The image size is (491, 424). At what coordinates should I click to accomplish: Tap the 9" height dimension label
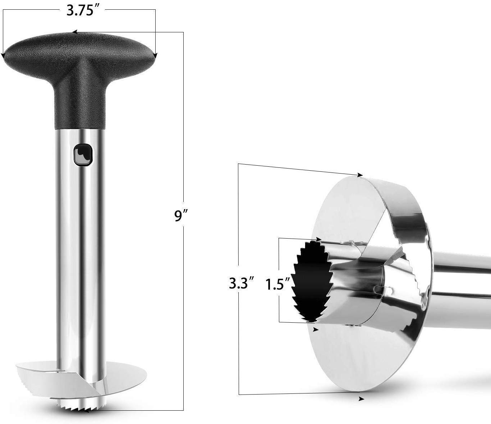coord(180,216)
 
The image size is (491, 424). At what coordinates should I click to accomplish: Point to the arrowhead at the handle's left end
coord(3,55)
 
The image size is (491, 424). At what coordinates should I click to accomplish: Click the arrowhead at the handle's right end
coord(155,56)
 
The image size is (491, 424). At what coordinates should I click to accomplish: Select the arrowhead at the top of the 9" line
coord(75,32)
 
